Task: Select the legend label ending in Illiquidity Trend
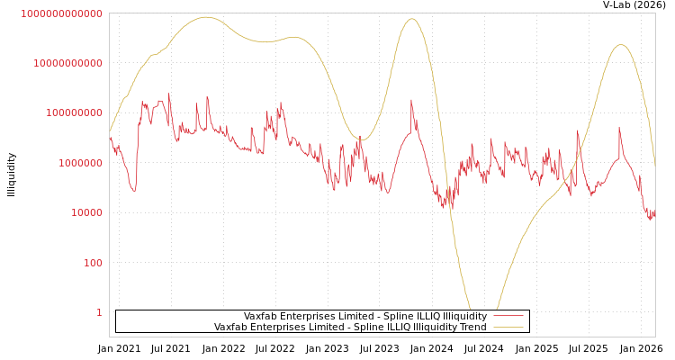tap(350, 327)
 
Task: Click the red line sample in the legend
tap(508, 316)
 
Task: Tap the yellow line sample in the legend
tap(508, 327)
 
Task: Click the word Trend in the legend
tap(473, 327)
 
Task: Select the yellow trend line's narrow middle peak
tap(412, 19)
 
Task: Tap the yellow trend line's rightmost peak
tap(620, 45)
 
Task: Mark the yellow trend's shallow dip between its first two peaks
tap(265, 41)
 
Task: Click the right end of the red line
tap(654, 214)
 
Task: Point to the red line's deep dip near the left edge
tap(134, 190)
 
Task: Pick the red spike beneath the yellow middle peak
tap(411, 101)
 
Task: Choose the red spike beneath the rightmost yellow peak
tap(619, 128)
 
